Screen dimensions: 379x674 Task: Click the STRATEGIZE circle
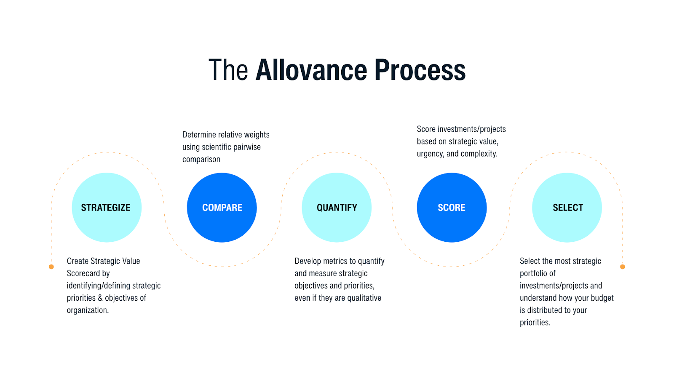107,207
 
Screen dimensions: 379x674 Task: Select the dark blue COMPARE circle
222,207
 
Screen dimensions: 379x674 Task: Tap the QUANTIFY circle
337,207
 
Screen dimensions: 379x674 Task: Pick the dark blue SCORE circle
452,207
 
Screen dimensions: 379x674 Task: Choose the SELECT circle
567,207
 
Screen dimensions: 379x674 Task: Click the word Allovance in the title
311,70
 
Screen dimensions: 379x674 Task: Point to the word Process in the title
420,70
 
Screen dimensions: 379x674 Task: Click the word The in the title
228,70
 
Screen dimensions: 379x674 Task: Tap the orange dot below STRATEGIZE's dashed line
51,267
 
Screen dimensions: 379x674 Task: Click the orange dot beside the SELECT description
623,267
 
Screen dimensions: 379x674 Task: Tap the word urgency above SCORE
430,154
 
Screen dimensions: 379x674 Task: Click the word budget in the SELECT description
602,298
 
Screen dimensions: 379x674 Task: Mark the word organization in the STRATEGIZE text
88,310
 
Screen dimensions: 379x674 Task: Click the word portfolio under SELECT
533,273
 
